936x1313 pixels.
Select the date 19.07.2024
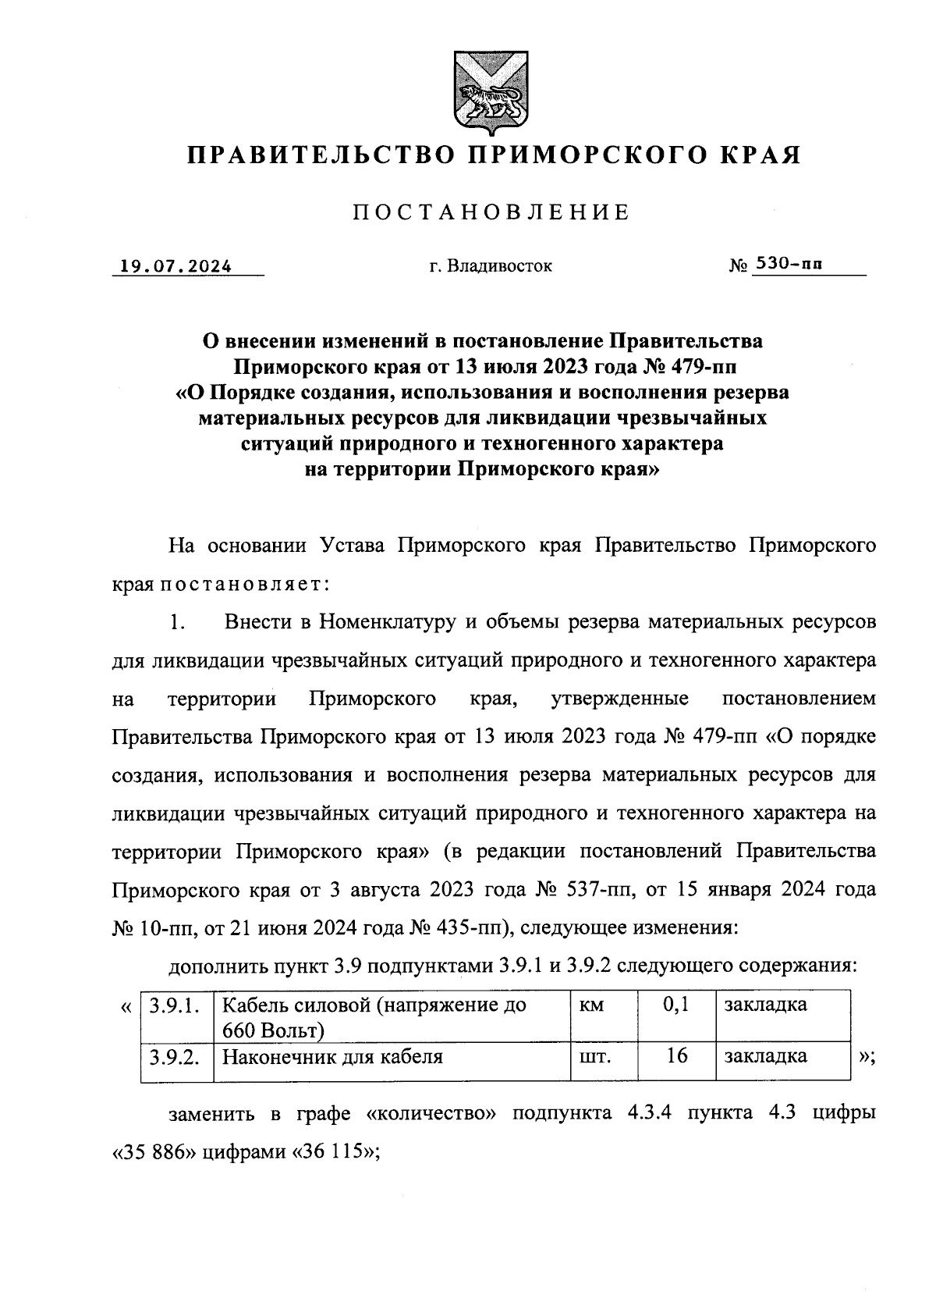176,266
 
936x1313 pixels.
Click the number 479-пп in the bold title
703,365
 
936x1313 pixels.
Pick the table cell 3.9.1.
175,1005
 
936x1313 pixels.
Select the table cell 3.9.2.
175,1057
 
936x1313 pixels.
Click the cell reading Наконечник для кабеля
333,1057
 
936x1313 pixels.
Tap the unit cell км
592,1005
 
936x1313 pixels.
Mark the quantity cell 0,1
675,1005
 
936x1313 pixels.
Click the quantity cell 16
676,1057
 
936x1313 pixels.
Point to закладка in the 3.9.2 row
765,1057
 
